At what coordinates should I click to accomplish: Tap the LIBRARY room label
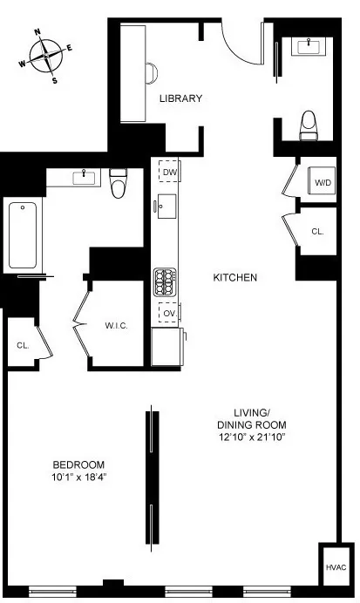(180, 98)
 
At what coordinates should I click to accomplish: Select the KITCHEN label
(234, 278)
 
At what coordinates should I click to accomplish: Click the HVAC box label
(336, 567)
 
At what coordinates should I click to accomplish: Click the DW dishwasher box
(168, 173)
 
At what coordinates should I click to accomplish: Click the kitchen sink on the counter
(166, 208)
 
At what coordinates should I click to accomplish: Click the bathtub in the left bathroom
(23, 235)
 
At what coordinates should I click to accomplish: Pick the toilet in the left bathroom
(119, 182)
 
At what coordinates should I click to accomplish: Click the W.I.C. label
(117, 326)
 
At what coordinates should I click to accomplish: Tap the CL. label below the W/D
(318, 232)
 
